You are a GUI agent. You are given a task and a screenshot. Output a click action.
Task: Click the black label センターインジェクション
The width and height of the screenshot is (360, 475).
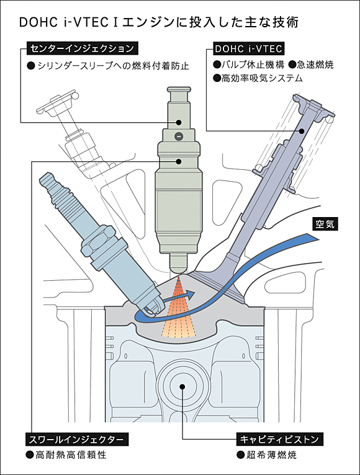tap(81, 48)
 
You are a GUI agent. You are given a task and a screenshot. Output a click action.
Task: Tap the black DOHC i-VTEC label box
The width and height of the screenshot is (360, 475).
tap(248, 48)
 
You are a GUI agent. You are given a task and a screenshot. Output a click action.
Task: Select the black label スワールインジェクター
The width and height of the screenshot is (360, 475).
tap(78, 439)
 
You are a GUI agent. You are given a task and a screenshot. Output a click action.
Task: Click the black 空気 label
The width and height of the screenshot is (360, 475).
tap(324, 224)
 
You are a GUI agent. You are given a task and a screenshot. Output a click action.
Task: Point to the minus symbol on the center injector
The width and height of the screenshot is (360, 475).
tap(179, 136)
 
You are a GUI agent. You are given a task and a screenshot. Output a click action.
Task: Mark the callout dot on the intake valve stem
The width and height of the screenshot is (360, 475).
tap(302, 130)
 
